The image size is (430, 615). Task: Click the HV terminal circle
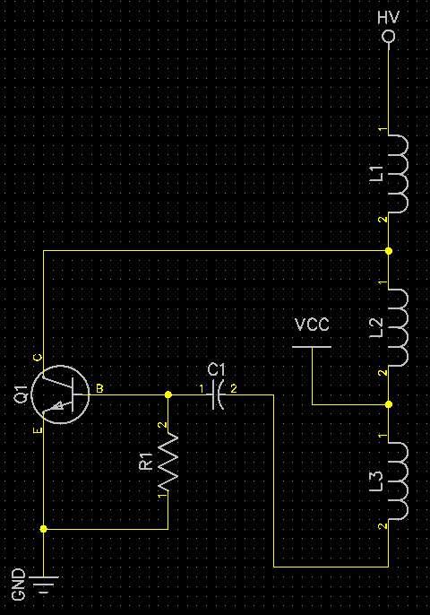click(389, 38)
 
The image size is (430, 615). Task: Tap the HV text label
click(388, 18)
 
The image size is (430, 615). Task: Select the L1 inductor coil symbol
click(399, 174)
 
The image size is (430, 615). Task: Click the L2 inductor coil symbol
click(399, 327)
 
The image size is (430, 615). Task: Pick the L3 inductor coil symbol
click(399, 481)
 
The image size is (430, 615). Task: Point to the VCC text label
click(312, 325)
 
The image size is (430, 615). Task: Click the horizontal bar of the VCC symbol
click(312, 347)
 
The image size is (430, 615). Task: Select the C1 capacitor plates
click(218, 394)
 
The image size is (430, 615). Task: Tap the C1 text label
click(217, 369)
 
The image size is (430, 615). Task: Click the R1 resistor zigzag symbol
click(168, 462)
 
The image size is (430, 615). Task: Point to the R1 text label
click(146, 461)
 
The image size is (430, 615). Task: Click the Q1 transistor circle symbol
click(60, 394)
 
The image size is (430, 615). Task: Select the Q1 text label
click(21, 394)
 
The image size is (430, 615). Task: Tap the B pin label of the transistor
click(99, 389)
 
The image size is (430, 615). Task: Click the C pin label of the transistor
click(38, 358)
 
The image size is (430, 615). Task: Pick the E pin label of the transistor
click(38, 430)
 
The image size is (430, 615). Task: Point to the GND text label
click(19, 585)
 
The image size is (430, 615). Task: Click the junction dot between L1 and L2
click(389, 251)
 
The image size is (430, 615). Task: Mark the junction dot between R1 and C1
click(168, 394)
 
